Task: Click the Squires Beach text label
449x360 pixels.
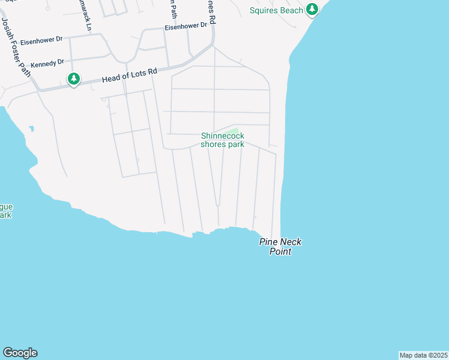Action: tap(277, 10)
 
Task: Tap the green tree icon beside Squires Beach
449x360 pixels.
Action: tap(312, 10)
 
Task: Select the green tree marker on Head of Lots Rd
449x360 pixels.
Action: tap(74, 79)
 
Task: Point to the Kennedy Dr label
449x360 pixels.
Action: tap(47, 62)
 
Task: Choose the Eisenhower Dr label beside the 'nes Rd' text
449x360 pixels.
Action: tap(185, 26)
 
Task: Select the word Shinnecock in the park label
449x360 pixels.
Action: tap(222, 136)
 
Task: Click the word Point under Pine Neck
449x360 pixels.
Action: tap(280, 251)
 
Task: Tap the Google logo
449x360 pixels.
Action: tap(20, 353)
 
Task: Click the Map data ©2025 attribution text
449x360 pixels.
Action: tap(423, 355)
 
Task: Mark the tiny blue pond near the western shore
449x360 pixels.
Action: tap(31, 128)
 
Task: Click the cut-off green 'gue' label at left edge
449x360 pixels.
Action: tap(6, 207)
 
